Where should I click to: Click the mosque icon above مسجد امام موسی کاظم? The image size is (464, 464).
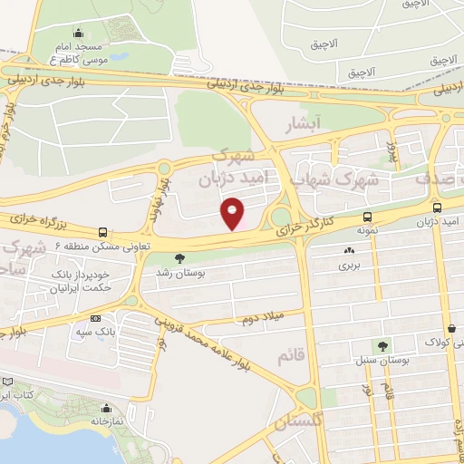[x=78, y=34]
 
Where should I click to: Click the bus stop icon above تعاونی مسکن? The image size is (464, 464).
[x=102, y=232]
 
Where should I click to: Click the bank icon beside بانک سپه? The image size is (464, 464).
[x=95, y=318]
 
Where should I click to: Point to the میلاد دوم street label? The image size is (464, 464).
[x=261, y=318]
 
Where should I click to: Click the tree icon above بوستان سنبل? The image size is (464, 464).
[x=382, y=345]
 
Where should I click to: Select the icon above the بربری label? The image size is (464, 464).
[x=349, y=250]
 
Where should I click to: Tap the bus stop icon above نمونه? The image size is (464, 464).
[x=367, y=217]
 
